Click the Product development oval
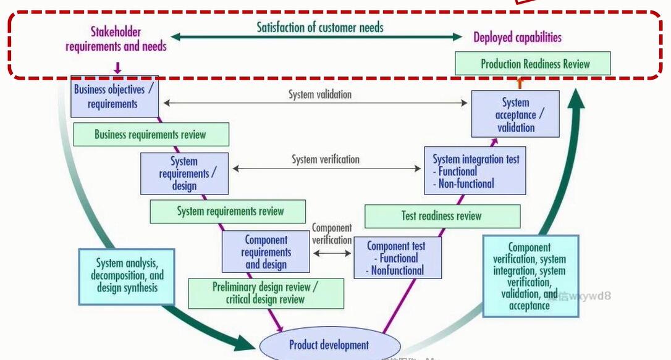click(x=329, y=345)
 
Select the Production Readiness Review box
click(x=533, y=64)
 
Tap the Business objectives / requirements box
click(x=114, y=96)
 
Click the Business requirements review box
click(x=151, y=135)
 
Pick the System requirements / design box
click(x=184, y=174)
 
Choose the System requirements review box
click(x=227, y=211)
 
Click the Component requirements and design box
click(x=266, y=252)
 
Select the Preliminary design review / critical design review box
click(x=266, y=293)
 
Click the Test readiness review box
click(x=442, y=216)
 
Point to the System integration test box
click(x=475, y=171)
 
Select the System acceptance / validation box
click(x=515, y=115)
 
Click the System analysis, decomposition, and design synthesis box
click(x=127, y=275)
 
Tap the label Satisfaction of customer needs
click(x=320, y=27)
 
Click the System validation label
click(x=319, y=94)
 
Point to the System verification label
click(x=326, y=159)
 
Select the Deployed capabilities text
click(x=518, y=37)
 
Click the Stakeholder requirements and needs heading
click(x=116, y=39)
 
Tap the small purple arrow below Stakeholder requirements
click(x=117, y=67)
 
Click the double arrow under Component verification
click(x=332, y=253)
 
